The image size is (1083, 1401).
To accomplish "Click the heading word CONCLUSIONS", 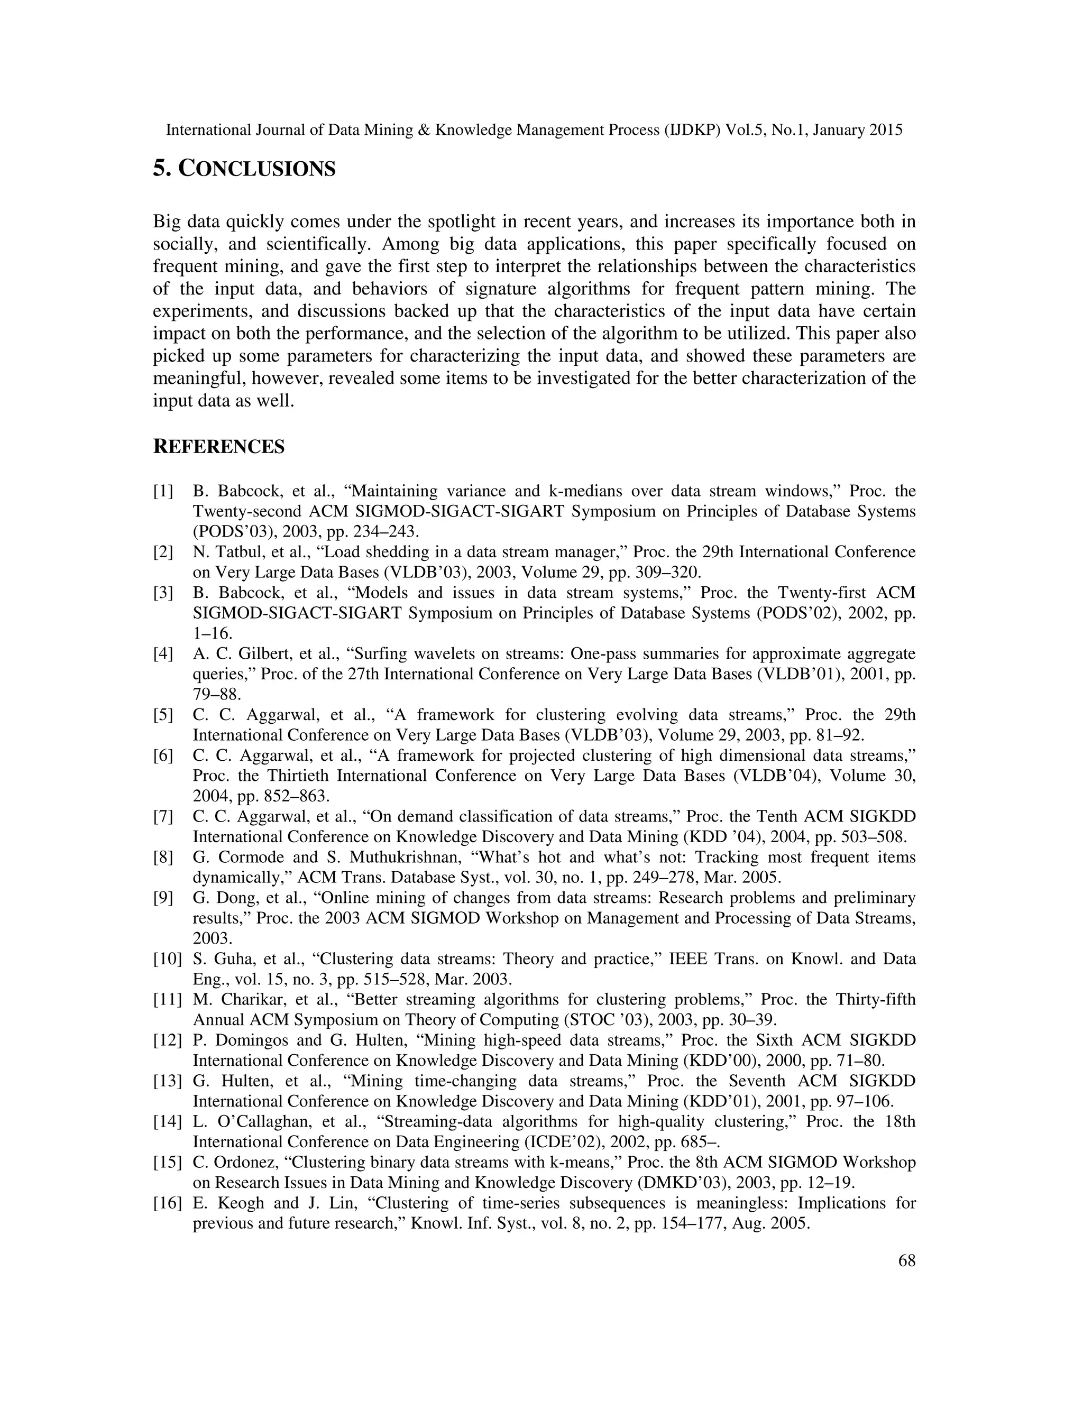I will pyautogui.click(x=256, y=169).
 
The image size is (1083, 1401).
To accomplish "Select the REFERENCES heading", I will pyautogui.click(x=218, y=447).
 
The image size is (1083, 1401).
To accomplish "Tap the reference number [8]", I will pyautogui.click(x=163, y=857).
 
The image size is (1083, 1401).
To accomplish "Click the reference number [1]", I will pyautogui.click(x=163, y=491).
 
